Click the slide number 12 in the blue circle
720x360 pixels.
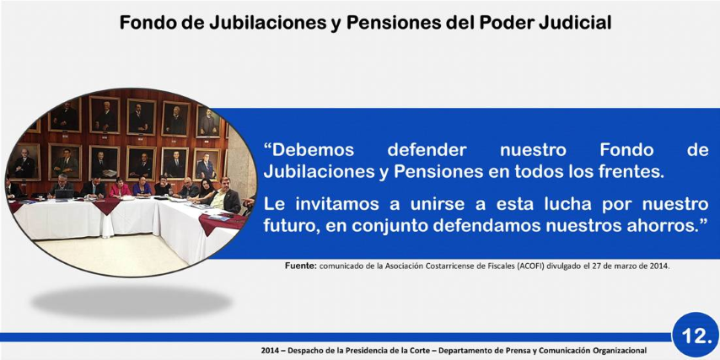pos(696,336)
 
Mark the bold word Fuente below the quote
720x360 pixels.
pos(301,266)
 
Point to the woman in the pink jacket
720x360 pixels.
pos(120,188)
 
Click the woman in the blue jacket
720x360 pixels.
pos(142,186)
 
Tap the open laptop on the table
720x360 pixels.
pos(64,194)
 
